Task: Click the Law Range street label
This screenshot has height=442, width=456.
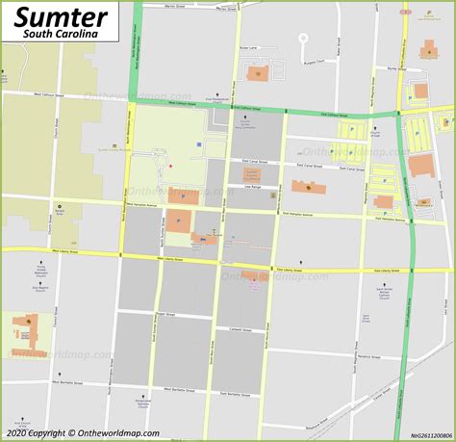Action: coord(254,189)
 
